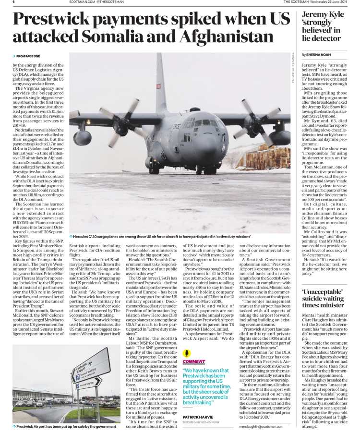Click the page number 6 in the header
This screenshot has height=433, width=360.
pos(13,2)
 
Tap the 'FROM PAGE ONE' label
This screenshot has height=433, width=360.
pos(27,56)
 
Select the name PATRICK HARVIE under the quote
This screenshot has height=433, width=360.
pos(198,417)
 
